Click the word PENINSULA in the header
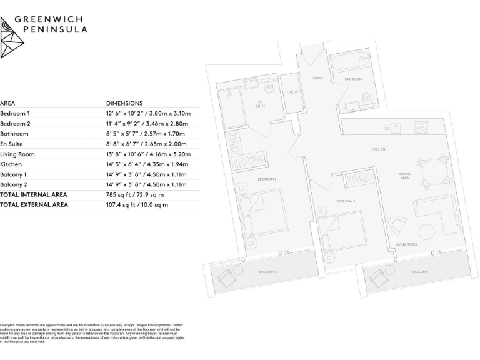pos(55,29)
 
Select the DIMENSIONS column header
pos(124,103)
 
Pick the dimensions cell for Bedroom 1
pos(148,113)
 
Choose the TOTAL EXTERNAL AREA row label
pos(34,204)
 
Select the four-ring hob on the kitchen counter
pos(422,128)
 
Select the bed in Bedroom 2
pos(341,232)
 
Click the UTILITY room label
pos(292,92)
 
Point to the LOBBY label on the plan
pos(317,78)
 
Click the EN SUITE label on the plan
pos(260,104)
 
